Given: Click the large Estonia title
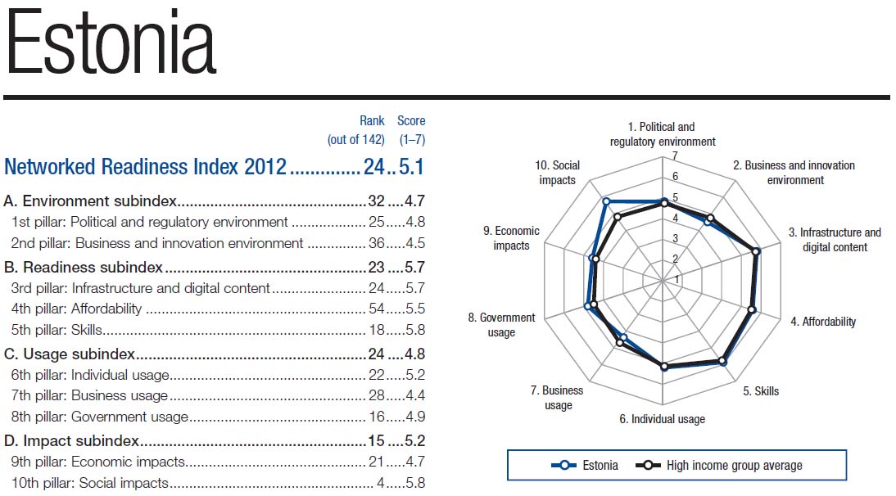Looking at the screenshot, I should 111,46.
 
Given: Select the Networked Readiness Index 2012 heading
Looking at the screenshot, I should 146,167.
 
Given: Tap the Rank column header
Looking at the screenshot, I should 372,121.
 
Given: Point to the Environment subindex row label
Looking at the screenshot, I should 91,201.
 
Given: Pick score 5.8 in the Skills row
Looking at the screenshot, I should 414,331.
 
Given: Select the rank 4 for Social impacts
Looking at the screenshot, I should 381,483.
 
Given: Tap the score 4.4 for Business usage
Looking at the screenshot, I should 414,395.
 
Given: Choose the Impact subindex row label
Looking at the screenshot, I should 70,441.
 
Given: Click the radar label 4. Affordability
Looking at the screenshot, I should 822,322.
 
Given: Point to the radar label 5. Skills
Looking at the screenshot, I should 761,391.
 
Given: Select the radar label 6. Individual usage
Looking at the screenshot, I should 662,419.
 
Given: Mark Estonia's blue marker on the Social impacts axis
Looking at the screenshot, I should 606,201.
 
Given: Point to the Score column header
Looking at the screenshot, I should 411,121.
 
